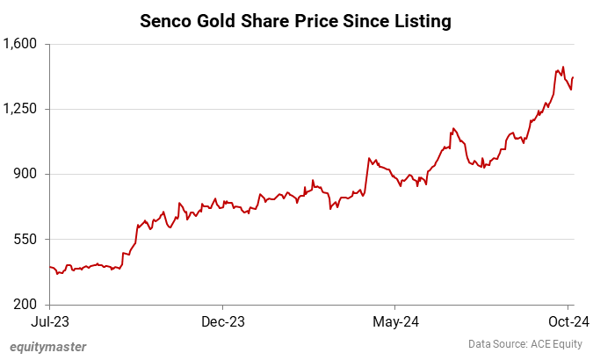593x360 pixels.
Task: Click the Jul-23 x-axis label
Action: click(49, 321)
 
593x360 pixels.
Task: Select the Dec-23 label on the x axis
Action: click(222, 321)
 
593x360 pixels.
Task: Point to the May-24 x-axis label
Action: click(395, 321)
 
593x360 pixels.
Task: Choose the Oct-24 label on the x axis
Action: click(568, 321)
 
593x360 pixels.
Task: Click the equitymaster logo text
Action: click(47, 346)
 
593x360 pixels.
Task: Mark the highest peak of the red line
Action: click(562, 67)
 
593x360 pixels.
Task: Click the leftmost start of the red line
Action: click(50, 266)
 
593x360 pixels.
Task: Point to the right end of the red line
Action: click(574, 77)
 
